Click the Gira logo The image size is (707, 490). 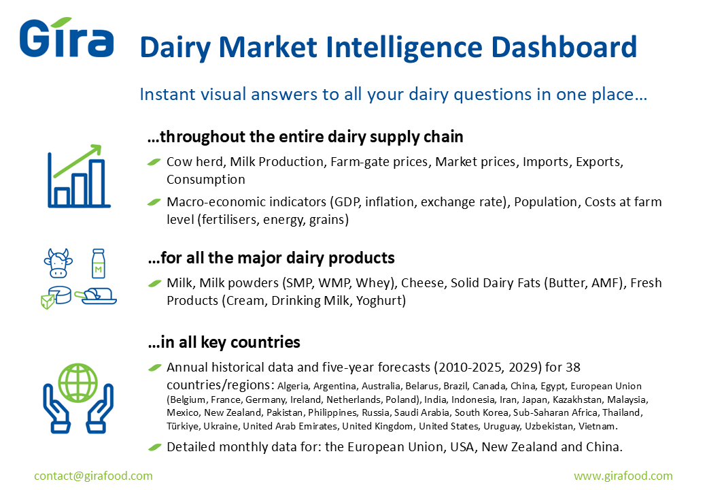point(67,38)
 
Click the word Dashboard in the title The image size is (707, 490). point(564,48)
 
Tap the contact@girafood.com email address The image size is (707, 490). point(93,476)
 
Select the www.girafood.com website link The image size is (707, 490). point(623,476)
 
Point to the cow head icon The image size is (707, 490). point(58,263)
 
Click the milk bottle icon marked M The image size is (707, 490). point(99,263)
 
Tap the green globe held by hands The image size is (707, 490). point(78,383)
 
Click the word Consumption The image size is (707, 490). point(205,180)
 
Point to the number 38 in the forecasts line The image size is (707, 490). point(572,367)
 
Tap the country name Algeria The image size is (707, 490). point(293,387)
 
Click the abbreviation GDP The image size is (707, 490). point(346,202)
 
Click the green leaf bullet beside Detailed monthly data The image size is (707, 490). point(155,447)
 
